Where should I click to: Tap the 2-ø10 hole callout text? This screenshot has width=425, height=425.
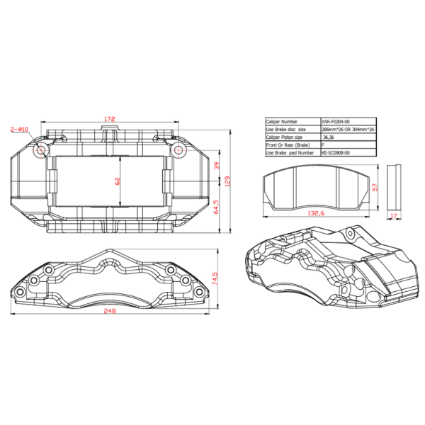coord(20,130)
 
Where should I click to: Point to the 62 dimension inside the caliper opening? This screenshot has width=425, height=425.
coord(118,181)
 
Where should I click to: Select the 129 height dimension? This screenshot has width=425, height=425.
coord(227,181)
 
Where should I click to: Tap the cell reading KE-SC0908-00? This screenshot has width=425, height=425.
coord(336,153)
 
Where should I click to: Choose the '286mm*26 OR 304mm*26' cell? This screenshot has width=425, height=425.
coord(347,130)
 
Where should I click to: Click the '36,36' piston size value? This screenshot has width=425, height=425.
coord(328,137)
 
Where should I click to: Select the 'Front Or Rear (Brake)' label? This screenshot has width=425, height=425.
coord(287,145)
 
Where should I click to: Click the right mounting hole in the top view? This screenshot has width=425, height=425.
coord(178,150)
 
